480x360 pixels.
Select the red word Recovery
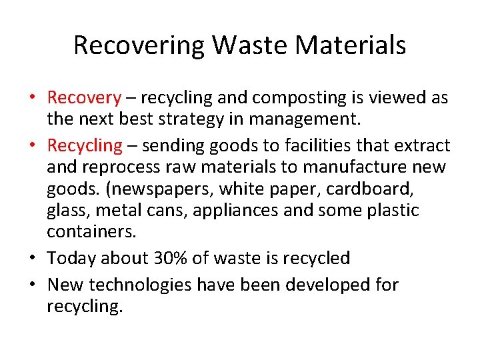(84, 99)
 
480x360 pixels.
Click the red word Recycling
(85, 145)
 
